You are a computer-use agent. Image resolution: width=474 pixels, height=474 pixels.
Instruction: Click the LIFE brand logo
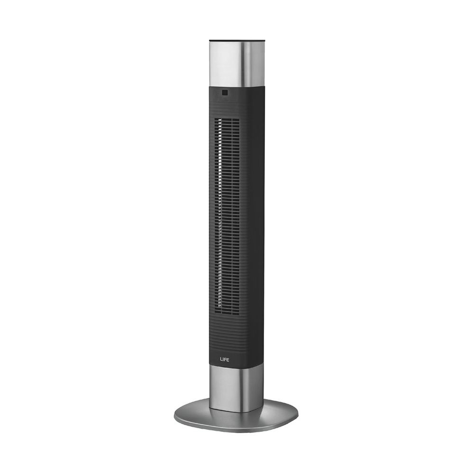coord(224,360)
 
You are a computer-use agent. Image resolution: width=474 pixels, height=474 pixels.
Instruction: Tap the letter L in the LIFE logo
coord(221,360)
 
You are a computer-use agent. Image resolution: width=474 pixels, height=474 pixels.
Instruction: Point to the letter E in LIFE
coord(228,360)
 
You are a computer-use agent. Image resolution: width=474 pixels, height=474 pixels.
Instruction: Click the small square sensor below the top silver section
coord(224,93)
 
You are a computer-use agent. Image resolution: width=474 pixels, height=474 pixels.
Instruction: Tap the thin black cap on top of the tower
coord(237,40)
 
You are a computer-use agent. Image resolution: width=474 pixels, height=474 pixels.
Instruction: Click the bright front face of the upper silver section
coord(224,64)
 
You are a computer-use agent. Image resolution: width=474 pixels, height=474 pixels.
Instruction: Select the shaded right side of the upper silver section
coord(253,64)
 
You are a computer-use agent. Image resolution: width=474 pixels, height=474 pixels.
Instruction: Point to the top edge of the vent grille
coord(227,118)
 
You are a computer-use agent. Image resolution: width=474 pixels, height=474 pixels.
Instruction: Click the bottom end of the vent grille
coord(227,313)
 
